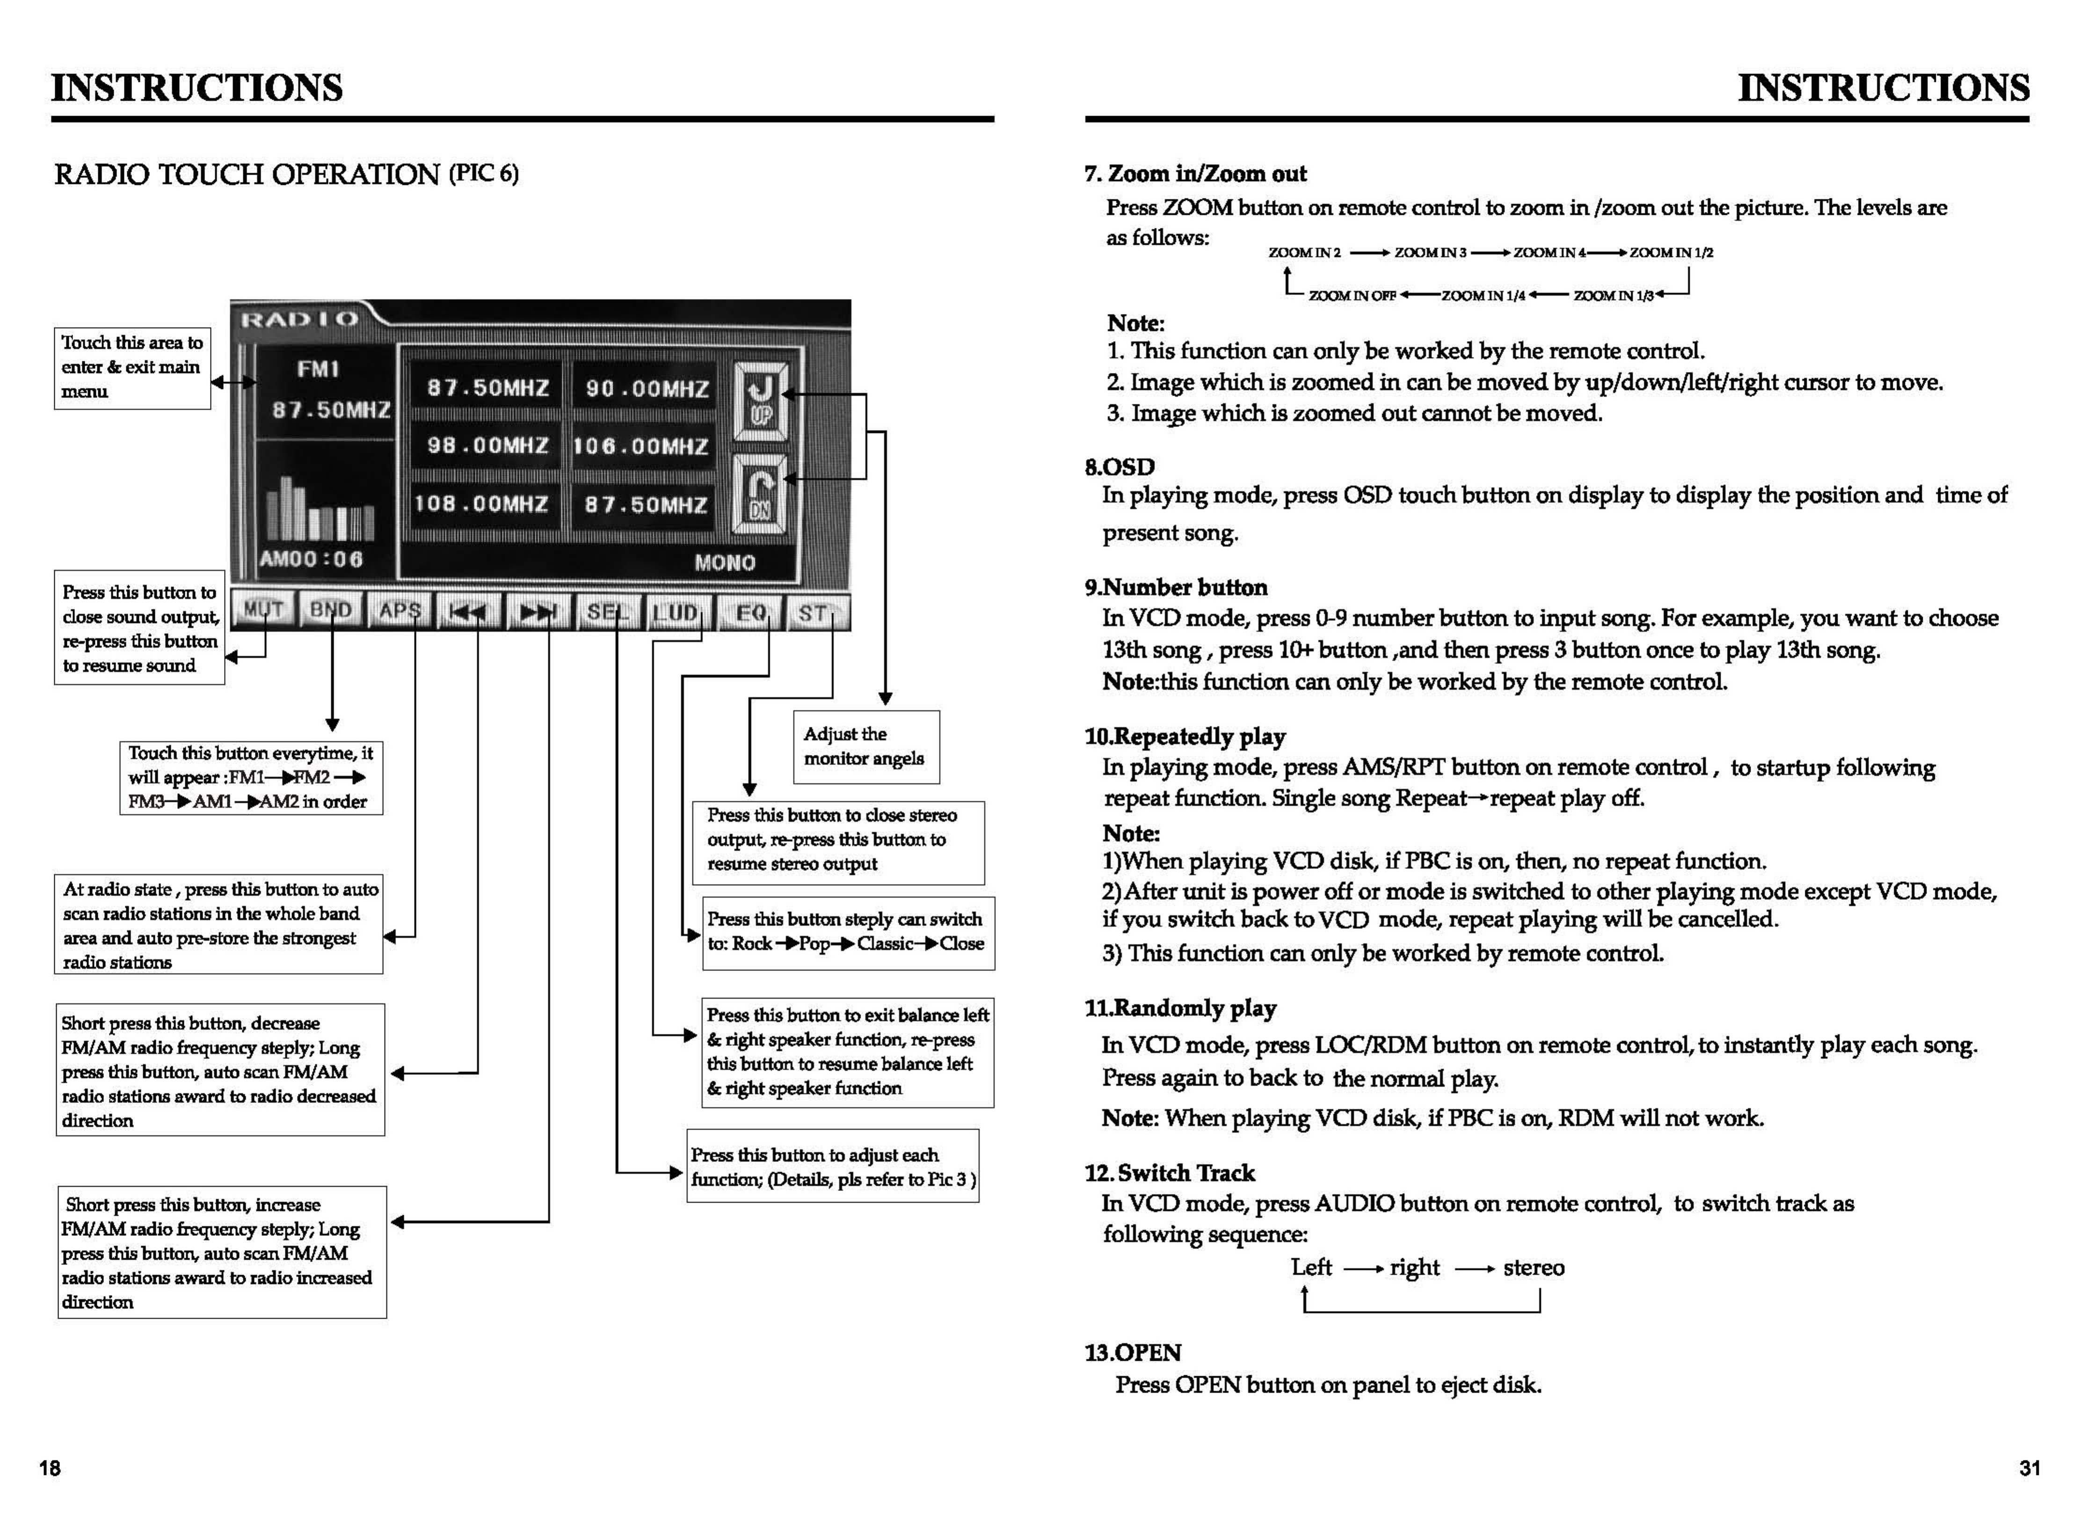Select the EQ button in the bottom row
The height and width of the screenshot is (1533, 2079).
(x=750, y=613)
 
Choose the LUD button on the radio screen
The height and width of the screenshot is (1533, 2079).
(x=676, y=613)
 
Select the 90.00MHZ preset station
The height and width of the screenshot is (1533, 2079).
(x=647, y=389)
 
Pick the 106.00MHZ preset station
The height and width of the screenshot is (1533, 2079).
(x=642, y=446)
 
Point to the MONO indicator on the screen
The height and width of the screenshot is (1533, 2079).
(x=725, y=562)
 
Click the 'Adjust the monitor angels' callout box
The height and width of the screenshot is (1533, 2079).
(x=865, y=746)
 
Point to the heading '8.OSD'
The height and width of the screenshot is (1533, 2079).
(x=1120, y=467)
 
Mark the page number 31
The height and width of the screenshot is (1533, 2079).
(x=2029, y=1468)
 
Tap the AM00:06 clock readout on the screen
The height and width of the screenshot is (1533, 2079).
(x=312, y=560)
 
